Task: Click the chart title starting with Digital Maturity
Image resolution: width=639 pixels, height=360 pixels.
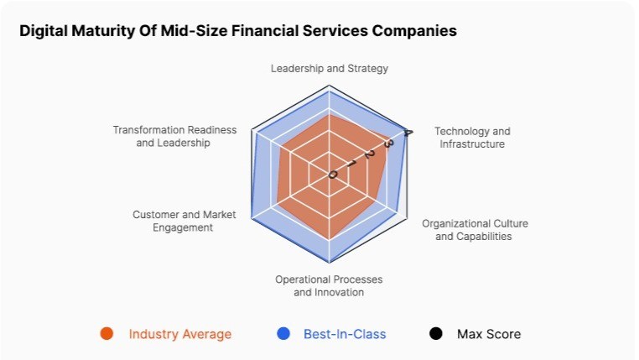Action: [238, 31]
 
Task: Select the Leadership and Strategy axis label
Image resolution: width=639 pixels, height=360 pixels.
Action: [329, 68]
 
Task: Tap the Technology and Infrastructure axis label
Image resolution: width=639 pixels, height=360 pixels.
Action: [472, 138]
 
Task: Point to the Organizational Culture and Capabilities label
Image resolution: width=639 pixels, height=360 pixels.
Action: [475, 230]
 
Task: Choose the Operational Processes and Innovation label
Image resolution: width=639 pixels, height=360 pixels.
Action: [329, 285]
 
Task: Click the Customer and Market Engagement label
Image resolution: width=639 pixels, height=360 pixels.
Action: [184, 221]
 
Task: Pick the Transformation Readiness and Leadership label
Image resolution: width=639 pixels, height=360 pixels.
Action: [174, 137]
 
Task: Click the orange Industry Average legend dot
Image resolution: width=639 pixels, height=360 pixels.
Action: [106, 334]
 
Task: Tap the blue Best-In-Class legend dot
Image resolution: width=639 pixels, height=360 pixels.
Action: [283, 334]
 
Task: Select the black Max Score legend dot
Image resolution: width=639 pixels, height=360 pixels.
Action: [435, 334]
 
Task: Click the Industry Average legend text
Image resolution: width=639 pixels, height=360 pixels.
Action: [179, 334]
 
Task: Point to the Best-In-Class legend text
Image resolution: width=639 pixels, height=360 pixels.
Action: [345, 334]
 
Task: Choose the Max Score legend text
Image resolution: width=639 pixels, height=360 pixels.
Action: [488, 334]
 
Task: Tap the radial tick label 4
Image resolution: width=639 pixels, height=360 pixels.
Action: [408, 133]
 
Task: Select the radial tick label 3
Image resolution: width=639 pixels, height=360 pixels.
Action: [387, 144]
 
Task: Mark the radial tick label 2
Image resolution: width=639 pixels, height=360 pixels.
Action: [369, 154]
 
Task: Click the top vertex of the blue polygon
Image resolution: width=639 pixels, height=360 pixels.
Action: [329, 91]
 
